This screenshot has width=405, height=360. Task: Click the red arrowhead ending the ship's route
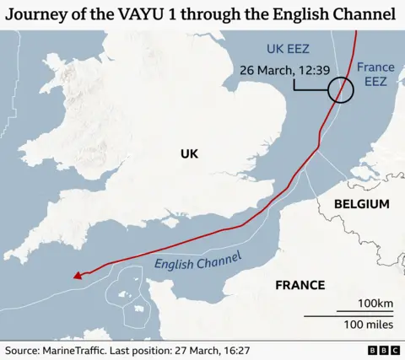coord(77,274)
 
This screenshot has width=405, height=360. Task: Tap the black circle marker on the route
coord(341,89)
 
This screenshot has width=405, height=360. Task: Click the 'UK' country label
coord(189,153)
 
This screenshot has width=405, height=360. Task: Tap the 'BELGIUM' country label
coord(361,204)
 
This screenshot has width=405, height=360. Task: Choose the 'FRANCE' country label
coord(300,285)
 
